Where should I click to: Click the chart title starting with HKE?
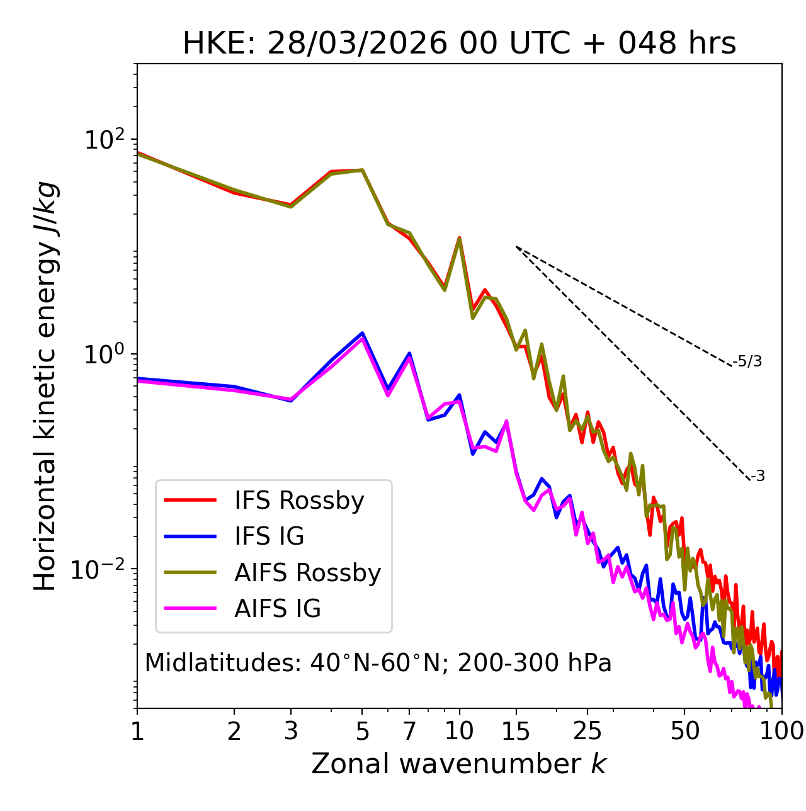[459, 44]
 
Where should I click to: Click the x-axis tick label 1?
[137, 731]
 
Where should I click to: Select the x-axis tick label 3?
[291, 731]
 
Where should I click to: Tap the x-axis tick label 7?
[409, 731]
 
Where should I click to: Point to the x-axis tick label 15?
[516, 731]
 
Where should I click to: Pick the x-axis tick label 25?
[587, 731]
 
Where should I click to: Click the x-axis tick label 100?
[781, 731]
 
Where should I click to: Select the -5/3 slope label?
[747, 361]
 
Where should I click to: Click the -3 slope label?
[758, 477]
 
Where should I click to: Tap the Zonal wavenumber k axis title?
[459, 764]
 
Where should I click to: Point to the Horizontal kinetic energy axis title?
[46, 386]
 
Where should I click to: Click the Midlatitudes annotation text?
[378, 663]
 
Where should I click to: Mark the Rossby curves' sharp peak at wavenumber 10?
[460, 239]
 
